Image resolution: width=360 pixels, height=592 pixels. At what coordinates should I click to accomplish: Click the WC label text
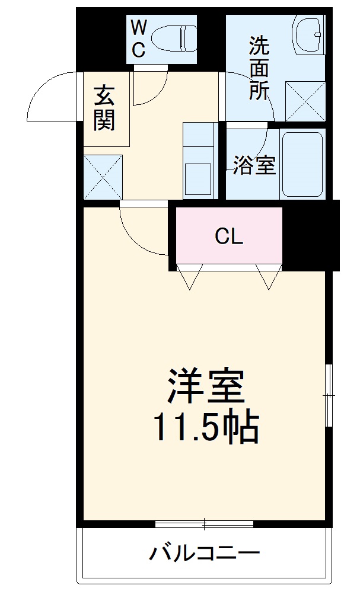(x=138, y=38)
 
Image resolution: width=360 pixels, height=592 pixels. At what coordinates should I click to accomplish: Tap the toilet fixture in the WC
(x=173, y=38)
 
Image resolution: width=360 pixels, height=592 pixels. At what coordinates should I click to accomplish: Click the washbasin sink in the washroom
(x=308, y=34)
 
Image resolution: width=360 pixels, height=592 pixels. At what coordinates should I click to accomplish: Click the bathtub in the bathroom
(x=302, y=164)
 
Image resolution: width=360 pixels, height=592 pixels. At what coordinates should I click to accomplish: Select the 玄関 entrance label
(x=104, y=108)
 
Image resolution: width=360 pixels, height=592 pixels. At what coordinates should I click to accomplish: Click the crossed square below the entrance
(x=103, y=175)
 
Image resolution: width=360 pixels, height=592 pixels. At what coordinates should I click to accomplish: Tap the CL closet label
(x=229, y=237)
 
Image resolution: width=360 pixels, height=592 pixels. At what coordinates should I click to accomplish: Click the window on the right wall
(x=329, y=394)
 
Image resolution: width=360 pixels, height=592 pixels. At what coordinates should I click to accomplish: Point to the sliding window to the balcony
(x=204, y=524)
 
